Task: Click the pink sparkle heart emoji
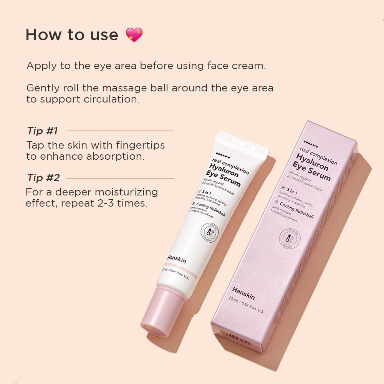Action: click(x=134, y=35)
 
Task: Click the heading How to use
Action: click(x=72, y=35)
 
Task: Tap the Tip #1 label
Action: click(x=42, y=131)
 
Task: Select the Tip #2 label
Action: click(x=43, y=178)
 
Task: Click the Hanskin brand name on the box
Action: click(x=243, y=293)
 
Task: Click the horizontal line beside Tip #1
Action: click(x=120, y=131)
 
